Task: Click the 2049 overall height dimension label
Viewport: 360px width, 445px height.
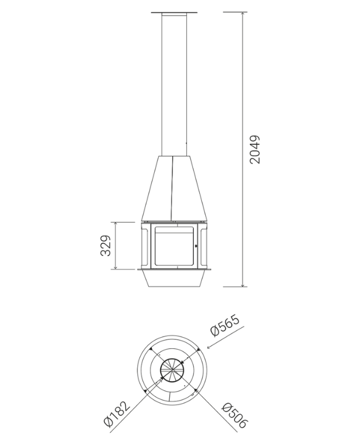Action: point(255,149)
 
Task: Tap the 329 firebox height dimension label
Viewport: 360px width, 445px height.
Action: point(106,245)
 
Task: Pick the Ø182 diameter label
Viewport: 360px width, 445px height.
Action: point(117,415)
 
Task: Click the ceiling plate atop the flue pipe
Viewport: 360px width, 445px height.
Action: point(174,12)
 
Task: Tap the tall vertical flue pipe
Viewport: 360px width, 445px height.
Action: point(174,85)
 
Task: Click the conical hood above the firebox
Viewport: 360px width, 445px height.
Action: point(174,188)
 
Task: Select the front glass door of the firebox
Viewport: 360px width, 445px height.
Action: point(174,246)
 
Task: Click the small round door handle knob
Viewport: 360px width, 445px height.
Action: point(196,246)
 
